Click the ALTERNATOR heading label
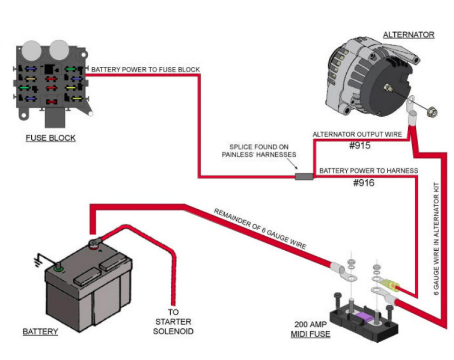(408, 35)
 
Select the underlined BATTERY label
(41, 332)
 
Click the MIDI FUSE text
(310, 334)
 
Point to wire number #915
(359, 145)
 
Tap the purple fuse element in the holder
(363, 318)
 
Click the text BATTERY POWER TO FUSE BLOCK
(146, 70)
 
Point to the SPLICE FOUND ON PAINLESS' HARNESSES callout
(258, 151)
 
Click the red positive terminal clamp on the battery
(96, 243)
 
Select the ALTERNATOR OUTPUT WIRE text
(357, 134)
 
